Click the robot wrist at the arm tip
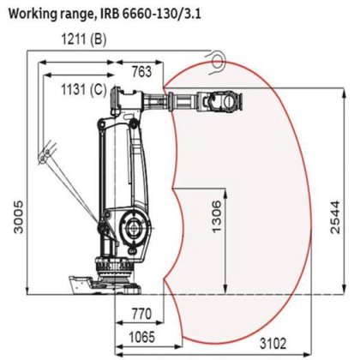click(x=225, y=103)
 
